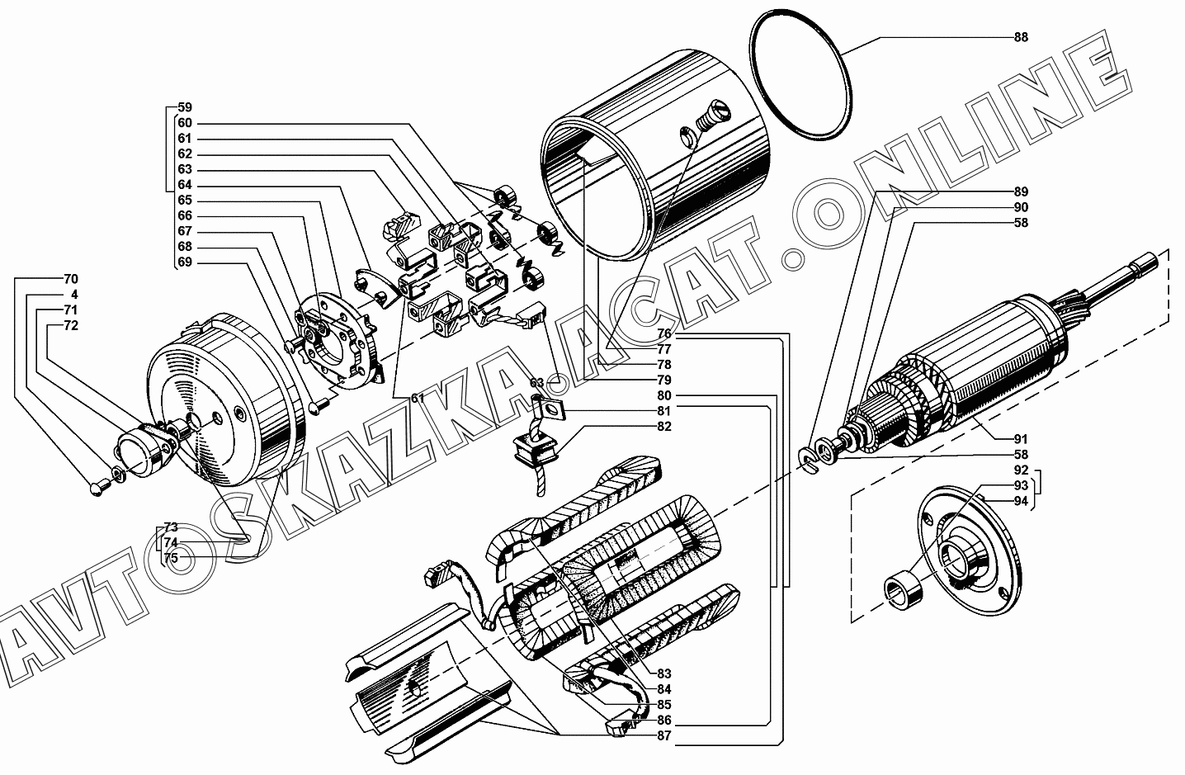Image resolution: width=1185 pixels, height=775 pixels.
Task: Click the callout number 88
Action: (x=1021, y=37)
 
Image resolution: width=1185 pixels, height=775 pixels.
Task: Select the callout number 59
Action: (x=185, y=106)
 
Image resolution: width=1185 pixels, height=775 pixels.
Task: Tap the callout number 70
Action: (x=71, y=279)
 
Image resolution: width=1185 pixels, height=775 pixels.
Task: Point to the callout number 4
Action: (x=74, y=294)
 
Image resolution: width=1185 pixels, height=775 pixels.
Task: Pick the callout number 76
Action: (x=664, y=333)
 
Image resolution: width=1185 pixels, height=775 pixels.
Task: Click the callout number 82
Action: (x=664, y=427)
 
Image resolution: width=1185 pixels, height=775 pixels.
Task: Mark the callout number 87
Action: (x=664, y=735)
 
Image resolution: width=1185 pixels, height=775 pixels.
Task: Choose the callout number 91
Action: (x=1021, y=438)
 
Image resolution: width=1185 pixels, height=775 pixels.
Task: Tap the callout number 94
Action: (x=1021, y=500)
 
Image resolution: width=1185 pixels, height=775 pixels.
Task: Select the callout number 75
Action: (x=171, y=558)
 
